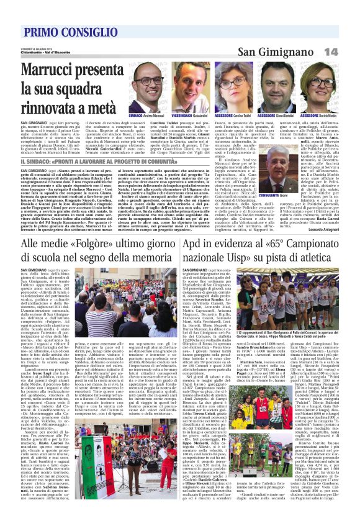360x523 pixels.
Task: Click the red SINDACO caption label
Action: (135, 116)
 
